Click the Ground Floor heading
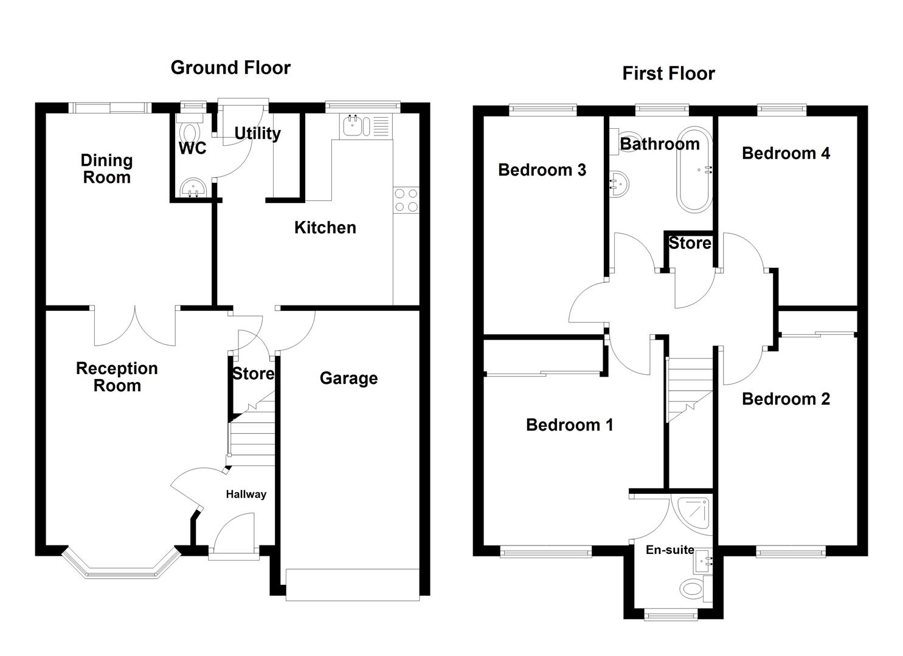tap(230, 67)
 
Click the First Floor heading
tap(668, 73)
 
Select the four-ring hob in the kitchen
tap(406, 200)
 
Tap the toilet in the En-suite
tap(694, 589)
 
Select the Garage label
tap(348, 378)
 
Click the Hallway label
tap(246, 494)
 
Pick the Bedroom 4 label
tap(786, 153)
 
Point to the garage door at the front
tap(352, 584)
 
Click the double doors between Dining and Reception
tap(135, 325)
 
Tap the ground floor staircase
tap(251, 431)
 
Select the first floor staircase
tap(689, 389)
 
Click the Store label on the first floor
tap(690, 244)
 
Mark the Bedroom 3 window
tap(542, 110)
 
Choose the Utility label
tap(257, 133)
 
